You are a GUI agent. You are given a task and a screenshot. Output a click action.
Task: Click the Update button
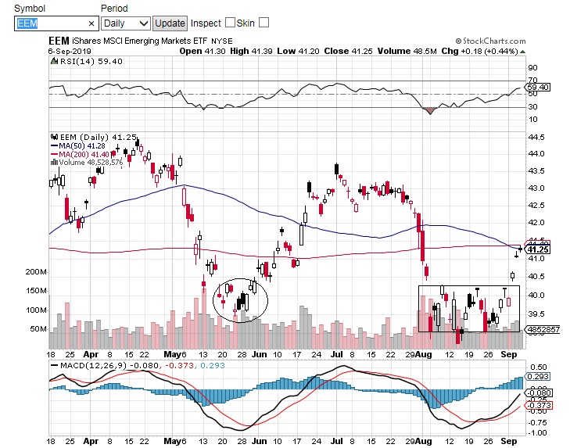pyautogui.click(x=170, y=23)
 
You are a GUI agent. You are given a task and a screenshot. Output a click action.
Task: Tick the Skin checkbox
pyautogui.click(x=263, y=23)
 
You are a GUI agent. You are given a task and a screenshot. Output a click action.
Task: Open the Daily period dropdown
pyautogui.click(x=126, y=23)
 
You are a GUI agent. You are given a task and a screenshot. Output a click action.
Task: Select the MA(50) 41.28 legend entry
pyautogui.click(x=81, y=145)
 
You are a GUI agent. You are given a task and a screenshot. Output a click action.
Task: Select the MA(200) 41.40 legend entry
pyautogui.click(x=83, y=154)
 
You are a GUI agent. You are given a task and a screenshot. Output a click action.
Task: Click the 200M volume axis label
pyautogui.click(x=37, y=272)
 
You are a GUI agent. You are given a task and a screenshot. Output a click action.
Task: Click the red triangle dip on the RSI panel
pyautogui.click(x=429, y=110)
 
